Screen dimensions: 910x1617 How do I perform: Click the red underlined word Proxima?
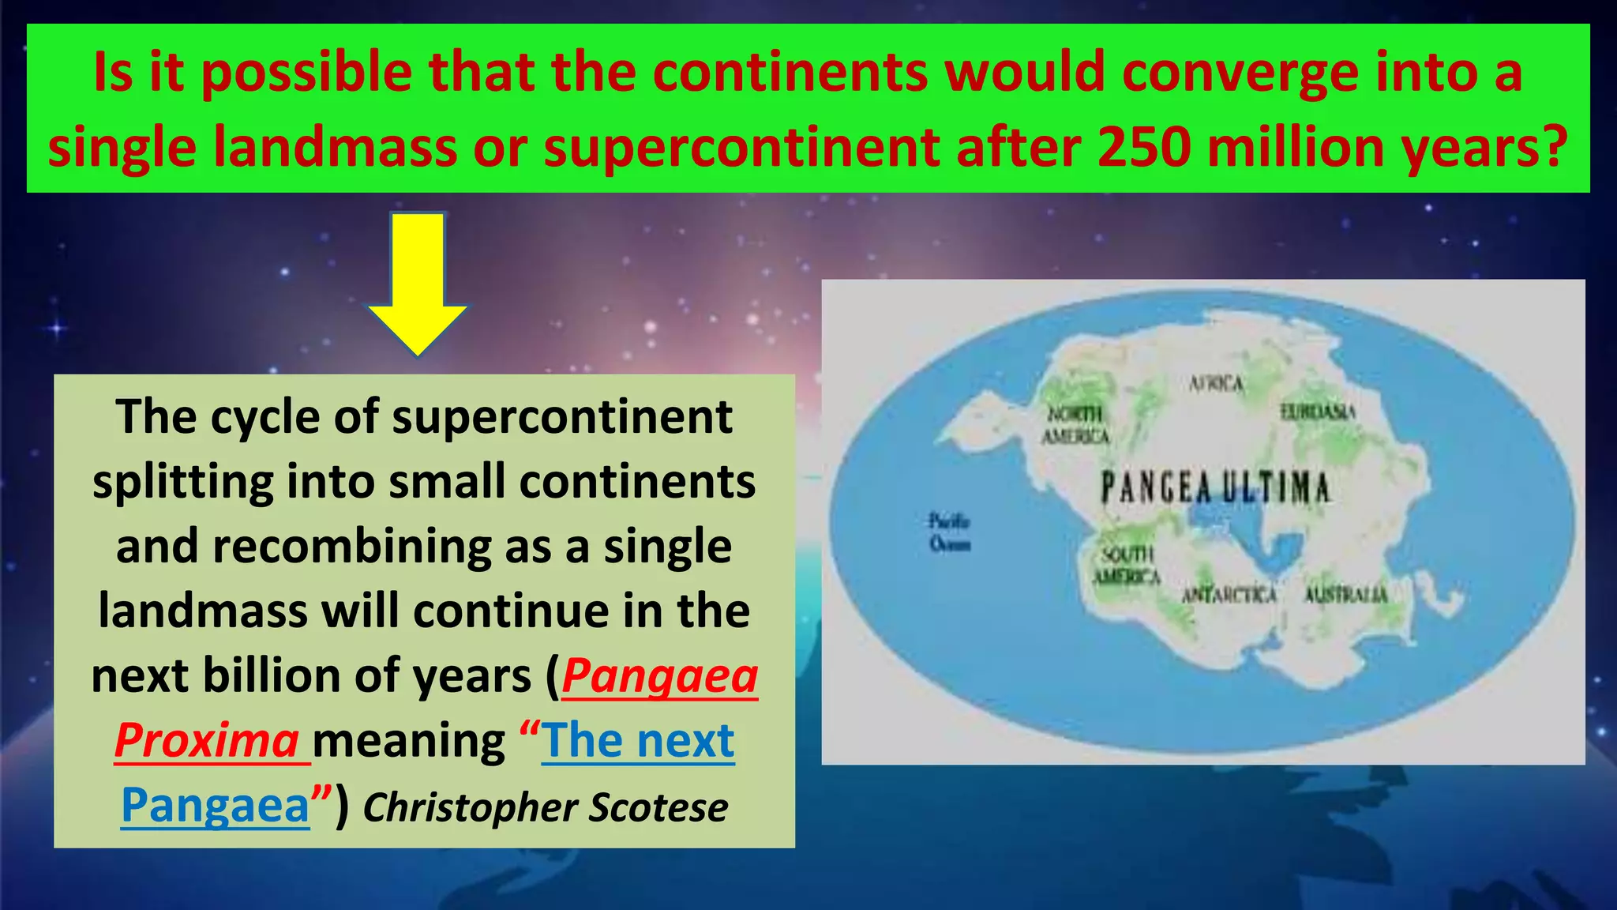(207, 741)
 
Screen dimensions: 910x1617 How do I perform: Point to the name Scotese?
(658, 807)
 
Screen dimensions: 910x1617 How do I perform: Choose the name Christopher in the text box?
(471, 807)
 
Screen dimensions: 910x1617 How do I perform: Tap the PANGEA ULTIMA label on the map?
(1215, 487)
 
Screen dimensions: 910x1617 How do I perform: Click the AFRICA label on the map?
(1216, 384)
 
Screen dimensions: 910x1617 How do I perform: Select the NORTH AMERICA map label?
(1075, 425)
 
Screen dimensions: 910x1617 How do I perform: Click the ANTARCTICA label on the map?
(1229, 594)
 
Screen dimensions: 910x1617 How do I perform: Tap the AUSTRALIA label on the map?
(1345, 594)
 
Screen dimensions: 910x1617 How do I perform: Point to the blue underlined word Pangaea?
(215, 806)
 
